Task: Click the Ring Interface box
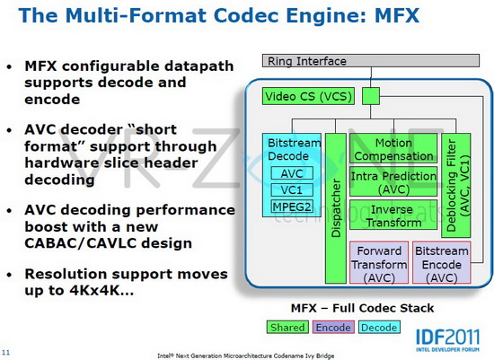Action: pyautogui.click(x=371, y=60)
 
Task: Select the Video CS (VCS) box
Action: pyautogui.click(x=308, y=96)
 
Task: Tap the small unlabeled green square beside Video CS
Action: pyautogui.click(x=371, y=96)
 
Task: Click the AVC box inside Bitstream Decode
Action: pyautogui.click(x=292, y=173)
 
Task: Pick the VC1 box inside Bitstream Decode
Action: pyautogui.click(x=292, y=189)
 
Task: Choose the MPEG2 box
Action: pyautogui.click(x=292, y=206)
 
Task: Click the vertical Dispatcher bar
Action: pyautogui.click(x=336, y=208)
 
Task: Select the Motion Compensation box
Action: pyautogui.click(x=393, y=148)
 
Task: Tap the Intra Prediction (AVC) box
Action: pyautogui.click(x=393, y=181)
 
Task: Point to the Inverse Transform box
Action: pyautogui.click(x=393, y=215)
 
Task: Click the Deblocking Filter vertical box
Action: pyautogui.click(x=456, y=185)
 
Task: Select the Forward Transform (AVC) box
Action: pyautogui.click(x=379, y=263)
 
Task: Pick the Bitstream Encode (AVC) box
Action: pyautogui.click(x=442, y=263)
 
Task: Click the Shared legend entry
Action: pyautogui.click(x=287, y=327)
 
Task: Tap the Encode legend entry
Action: pyautogui.click(x=333, y=327)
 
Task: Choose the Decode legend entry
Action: pyautogui.click(x=379, y=327)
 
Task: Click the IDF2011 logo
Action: pyautogui.click(x=447, y=340)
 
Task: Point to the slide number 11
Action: pyautogui.click(x=6, y=352)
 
